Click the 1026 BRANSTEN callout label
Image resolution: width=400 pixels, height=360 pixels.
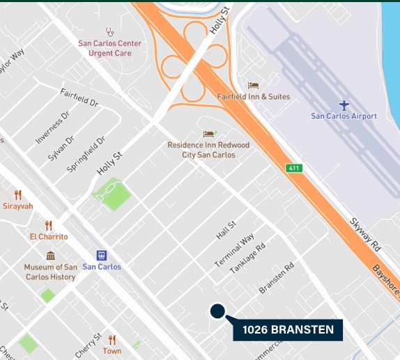click(288, 329)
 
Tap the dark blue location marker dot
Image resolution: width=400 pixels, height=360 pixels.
click(217, 311)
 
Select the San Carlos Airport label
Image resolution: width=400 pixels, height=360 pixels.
click(344, 116)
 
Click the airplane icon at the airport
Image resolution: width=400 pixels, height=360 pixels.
click(344, 104)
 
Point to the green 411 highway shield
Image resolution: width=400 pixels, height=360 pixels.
click(294, 168)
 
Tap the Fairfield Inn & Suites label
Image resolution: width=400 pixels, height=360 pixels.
click(253, 96)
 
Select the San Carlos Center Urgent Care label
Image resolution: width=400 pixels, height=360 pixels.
click(109, 48)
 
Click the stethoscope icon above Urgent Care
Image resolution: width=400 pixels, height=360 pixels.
click(109, 31)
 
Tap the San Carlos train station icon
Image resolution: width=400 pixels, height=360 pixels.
click(101, 255)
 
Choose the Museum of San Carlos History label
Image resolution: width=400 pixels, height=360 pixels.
click(49, 272)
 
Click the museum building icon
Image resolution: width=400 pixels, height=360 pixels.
click(50, 256)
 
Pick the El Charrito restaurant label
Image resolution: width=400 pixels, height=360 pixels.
click(49, 236)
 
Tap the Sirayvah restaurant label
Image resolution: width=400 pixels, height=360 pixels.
click(17, 206)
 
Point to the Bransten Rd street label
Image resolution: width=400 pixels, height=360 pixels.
click(277, 276)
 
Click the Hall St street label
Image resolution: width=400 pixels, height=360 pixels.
click(226, 230)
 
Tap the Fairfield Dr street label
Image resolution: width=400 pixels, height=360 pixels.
click(79, 97)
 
